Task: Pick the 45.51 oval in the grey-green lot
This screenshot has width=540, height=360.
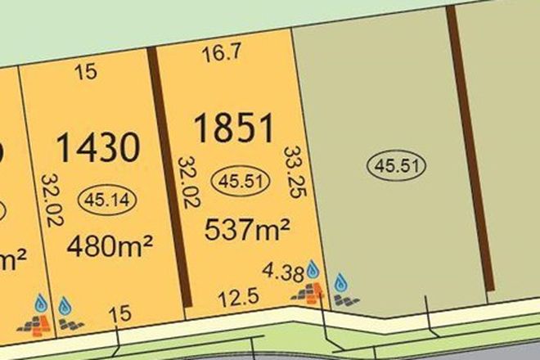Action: coord(399,165)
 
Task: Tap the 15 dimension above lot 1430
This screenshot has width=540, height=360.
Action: coord(86,72)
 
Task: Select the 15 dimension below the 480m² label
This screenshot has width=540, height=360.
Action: coord(120,312)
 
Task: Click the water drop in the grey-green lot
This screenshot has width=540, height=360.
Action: coord(342,283)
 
